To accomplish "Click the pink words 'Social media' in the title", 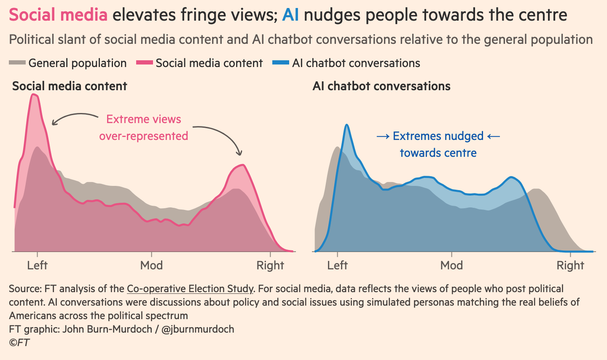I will (x=58, y=15).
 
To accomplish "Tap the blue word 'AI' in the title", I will (x=290, y=15).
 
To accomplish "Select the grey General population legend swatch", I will (x=17, y=63).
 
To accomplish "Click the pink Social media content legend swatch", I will (x=145, y=63).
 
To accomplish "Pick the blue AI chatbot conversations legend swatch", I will (x=281, y=63).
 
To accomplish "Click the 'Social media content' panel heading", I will (x=70, y=86).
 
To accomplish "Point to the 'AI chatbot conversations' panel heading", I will (x=381, y=86).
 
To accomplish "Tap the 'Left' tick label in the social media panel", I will (x=38, y=265).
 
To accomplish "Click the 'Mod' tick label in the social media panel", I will (x=152, y=265).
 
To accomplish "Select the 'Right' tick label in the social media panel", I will (x=271, y=265).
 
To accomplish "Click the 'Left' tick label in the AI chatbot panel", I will (x=338, y=265).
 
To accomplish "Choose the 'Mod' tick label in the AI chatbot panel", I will (x=452, y=265).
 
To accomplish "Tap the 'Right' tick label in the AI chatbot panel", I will (x=570, y=265).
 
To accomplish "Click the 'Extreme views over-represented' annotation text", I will (x=144, y=127).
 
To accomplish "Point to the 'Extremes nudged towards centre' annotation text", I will (x=438, y=144).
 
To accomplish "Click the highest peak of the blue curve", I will (x=346, y=125).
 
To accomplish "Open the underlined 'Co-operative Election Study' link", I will (x=190, y=289).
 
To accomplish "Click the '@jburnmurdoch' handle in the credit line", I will (x=198, y=329).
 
